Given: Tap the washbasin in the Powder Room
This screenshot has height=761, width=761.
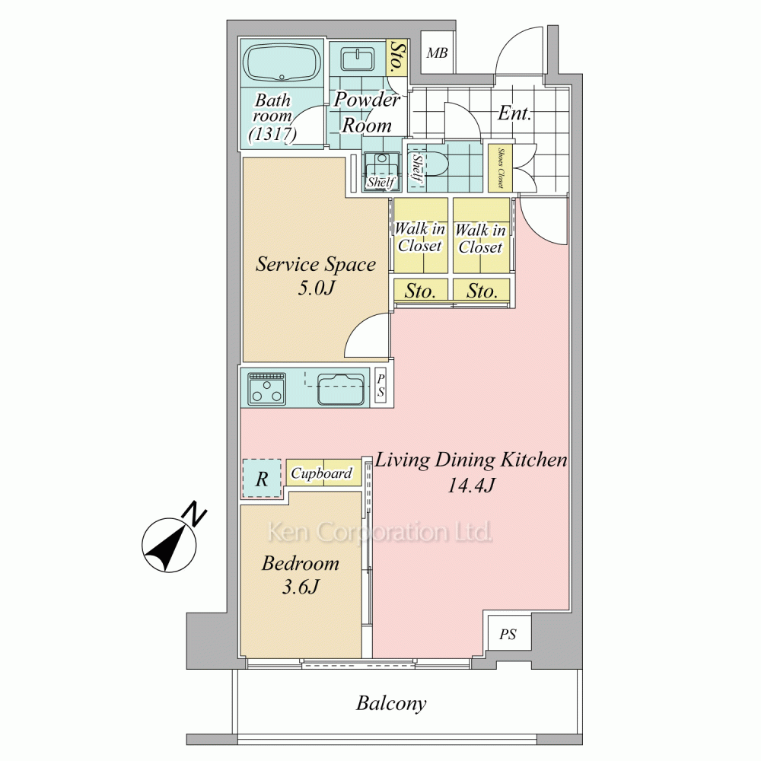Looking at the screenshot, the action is [x=358, y=59].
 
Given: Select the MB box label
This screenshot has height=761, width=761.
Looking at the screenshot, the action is [x=437, y=53].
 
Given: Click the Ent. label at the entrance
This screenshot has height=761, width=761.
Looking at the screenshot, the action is [x=514, y=113].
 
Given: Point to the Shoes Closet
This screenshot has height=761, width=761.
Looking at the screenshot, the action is [x=501, y=168].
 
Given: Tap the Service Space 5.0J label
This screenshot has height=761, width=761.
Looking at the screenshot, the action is [x=316, y=275].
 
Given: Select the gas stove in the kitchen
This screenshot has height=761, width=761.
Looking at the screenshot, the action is [x=266, y=388].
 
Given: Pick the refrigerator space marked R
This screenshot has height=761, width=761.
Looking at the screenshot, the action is [x=262, y=479].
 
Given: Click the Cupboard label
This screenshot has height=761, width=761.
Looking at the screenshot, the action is [x=321, y=473].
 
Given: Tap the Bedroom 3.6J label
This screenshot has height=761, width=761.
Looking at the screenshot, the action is [x=301, y=575].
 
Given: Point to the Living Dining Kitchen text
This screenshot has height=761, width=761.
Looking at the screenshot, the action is [x=471, y=460].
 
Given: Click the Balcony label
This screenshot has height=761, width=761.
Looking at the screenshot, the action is [x=391, y=703].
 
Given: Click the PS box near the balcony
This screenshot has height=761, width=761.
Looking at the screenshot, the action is [x=508, y=634].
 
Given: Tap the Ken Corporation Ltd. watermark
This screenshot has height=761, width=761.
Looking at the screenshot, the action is [x=380, y=532].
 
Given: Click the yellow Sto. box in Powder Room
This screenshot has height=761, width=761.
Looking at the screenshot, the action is [x=397, y=57].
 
